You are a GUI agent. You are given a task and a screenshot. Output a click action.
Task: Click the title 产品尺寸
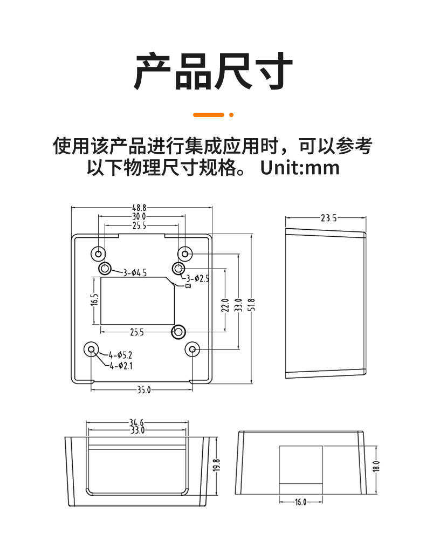coord(213,71)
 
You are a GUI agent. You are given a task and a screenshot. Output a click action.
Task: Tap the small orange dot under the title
coord(231,114)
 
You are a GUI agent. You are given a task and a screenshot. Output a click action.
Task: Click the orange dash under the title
coord(208,114)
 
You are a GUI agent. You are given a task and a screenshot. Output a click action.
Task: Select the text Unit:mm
coord(300,168)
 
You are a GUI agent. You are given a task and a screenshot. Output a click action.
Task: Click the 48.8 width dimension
coord(139,207)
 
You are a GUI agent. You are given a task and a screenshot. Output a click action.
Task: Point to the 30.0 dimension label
coord(139,217)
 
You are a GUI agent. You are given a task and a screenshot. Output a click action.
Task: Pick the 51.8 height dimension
coord(251,308)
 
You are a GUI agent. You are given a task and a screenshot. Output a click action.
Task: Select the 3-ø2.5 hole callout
coord(197,278)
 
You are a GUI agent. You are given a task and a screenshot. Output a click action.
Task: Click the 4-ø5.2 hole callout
coord(120,355)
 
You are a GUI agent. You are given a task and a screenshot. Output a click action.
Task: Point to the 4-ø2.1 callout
coord(121,366)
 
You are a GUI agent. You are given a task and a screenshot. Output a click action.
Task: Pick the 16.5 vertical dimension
coord(95,300)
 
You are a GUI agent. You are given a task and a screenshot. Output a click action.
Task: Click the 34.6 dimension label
coord(136,422)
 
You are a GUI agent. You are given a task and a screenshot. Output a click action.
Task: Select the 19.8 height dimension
coord(216,464)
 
